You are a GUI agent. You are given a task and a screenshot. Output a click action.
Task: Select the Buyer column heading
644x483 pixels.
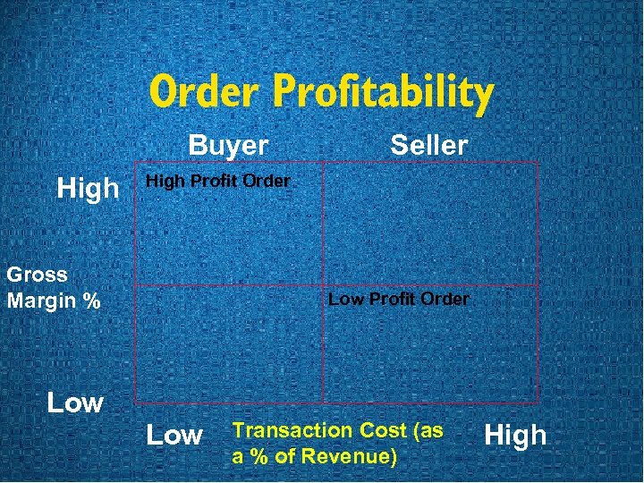point(228,145)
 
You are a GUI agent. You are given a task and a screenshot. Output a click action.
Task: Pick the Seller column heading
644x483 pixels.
point(428,145)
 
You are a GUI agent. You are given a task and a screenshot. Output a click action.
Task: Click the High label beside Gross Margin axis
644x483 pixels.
point(88,188)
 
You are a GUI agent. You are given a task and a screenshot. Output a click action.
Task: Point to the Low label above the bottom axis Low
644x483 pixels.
point(75,402)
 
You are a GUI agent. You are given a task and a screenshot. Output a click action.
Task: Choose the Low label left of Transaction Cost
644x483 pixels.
point(174,436)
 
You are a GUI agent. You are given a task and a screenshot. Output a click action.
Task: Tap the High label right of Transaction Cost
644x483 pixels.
point(514,436)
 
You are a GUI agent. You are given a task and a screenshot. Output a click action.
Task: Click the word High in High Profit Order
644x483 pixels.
point(164,182)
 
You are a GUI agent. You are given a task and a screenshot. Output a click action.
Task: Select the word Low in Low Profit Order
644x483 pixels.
point(344,299)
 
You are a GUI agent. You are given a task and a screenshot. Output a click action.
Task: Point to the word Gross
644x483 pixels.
point(37,275)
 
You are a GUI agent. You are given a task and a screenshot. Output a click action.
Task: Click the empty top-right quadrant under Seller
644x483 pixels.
point(430,224)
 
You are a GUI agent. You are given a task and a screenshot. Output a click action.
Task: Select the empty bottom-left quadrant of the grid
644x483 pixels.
point(229,344)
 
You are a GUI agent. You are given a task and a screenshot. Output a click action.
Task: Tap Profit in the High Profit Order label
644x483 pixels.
point(214,182)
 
